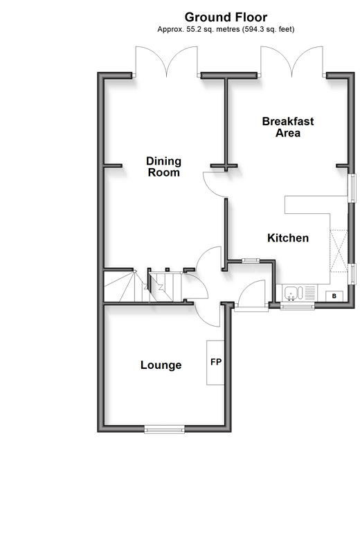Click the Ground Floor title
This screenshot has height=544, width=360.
tap(226, 17)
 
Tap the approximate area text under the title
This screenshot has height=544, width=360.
tap(226, 30)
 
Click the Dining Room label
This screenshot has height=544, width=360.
tap(163, 167)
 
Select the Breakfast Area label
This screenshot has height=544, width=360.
tap(288, 127)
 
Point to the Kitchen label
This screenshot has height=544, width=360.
tap(288, 238)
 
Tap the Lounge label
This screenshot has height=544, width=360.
tap(161, 365)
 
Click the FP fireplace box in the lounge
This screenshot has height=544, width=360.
tap(215, 363)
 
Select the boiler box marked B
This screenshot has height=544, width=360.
tap(334, 296)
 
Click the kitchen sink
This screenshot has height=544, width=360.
tap(299, 293)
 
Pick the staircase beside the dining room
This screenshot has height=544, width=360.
tap(144, 286)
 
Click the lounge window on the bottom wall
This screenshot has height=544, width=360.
tap(165, 430)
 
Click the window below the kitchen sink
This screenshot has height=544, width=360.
tap(297, 306)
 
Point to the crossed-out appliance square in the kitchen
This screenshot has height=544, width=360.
tap(338, 251)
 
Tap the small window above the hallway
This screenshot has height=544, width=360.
tap(251, 260)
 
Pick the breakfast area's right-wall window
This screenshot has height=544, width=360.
tap(352, 188)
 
